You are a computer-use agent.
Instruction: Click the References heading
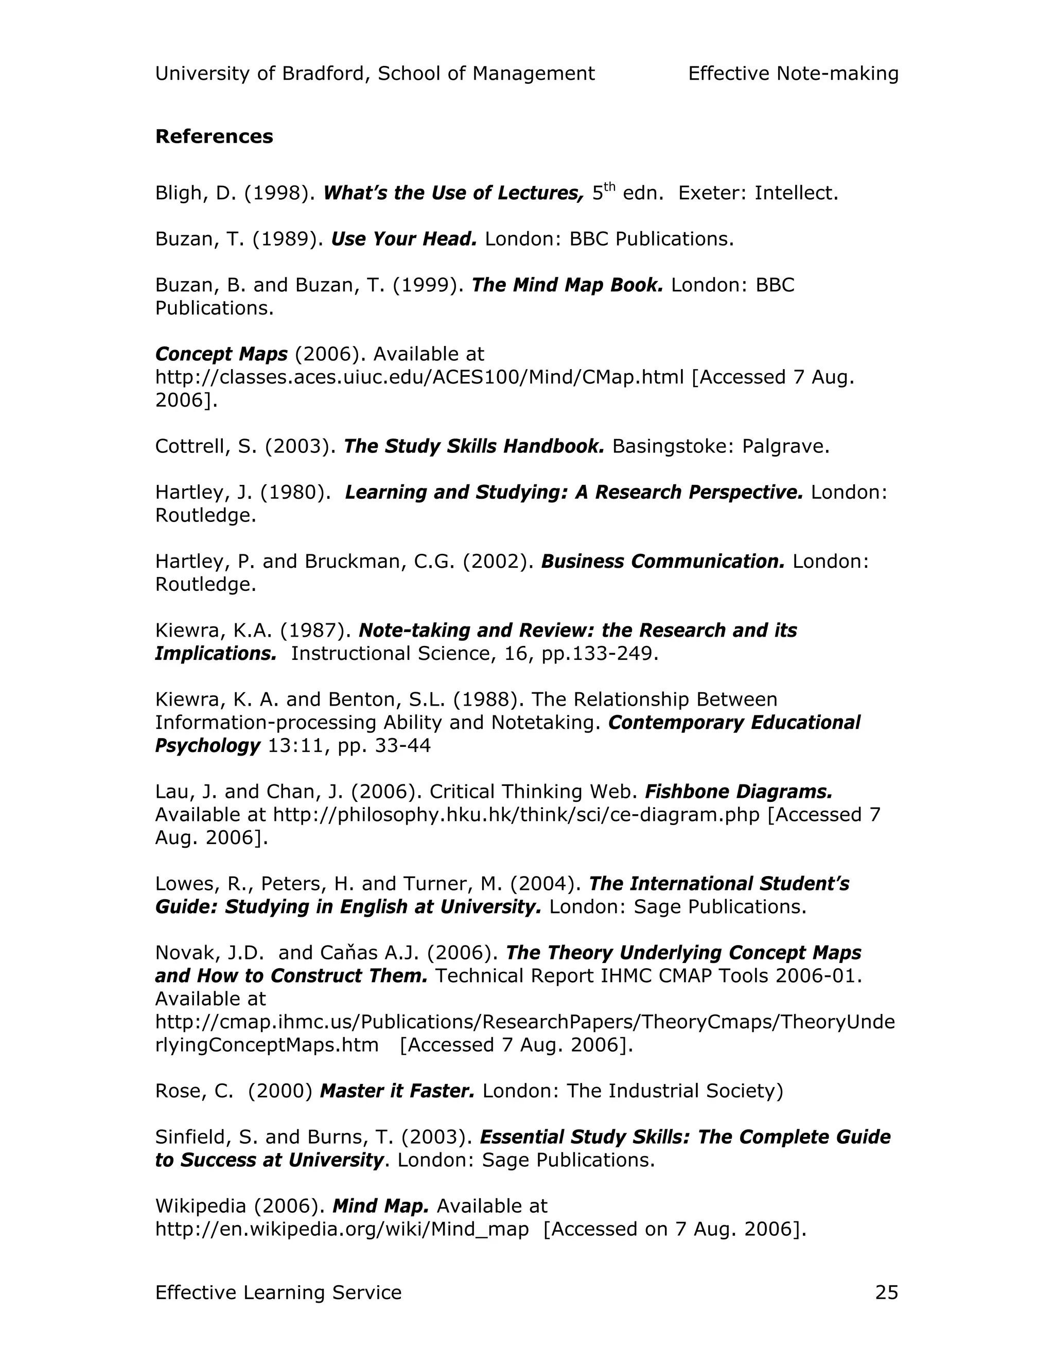point(214,136)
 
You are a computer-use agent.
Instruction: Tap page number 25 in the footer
point(886,1292)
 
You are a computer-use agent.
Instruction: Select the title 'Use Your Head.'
point(403,239)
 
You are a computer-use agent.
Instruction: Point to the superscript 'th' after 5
point(609,187)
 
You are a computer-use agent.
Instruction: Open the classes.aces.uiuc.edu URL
point(419,377)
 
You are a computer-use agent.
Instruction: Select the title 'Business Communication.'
point(662,561)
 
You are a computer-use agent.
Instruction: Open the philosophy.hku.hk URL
point(516,814)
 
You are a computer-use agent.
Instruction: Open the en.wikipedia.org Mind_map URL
point(342,1229)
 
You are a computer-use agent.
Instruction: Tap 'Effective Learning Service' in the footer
point(278,1292)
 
